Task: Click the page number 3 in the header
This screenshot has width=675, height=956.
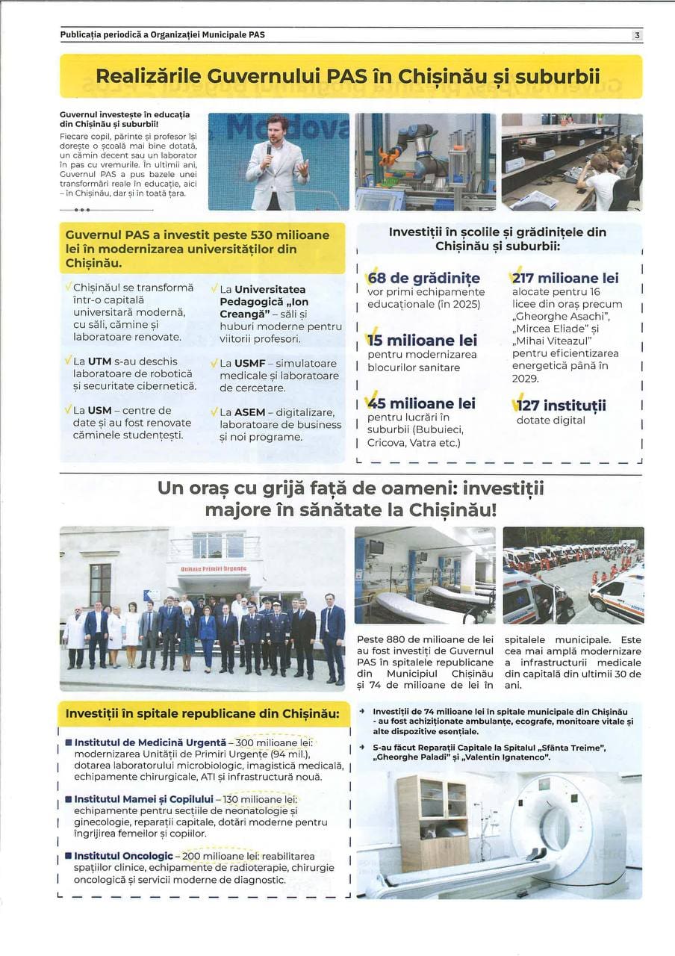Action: (637, 35)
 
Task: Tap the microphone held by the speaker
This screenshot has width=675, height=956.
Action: (269, 148)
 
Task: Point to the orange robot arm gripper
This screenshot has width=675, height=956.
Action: (387, 156)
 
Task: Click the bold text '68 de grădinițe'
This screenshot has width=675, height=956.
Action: (423, 279)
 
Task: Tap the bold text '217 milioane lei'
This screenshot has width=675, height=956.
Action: (566, 279)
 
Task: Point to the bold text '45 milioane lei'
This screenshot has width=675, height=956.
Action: (421, 403)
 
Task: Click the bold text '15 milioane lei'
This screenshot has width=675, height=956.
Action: (422, 341)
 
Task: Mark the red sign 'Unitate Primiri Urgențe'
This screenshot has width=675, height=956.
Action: (213, 569)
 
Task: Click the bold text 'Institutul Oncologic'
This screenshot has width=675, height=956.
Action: (123, 855)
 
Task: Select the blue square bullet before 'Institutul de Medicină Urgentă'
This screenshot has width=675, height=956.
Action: (68, 742)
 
